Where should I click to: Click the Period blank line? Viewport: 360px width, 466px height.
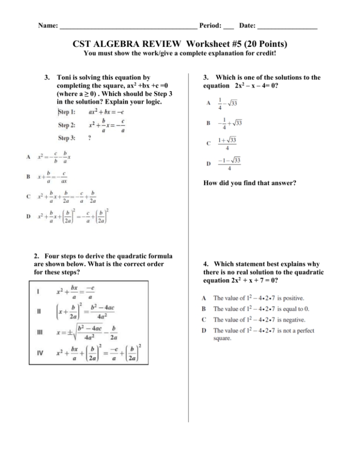[x=229, y=26]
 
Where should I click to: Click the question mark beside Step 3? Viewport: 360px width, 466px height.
[x=90, y=139]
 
